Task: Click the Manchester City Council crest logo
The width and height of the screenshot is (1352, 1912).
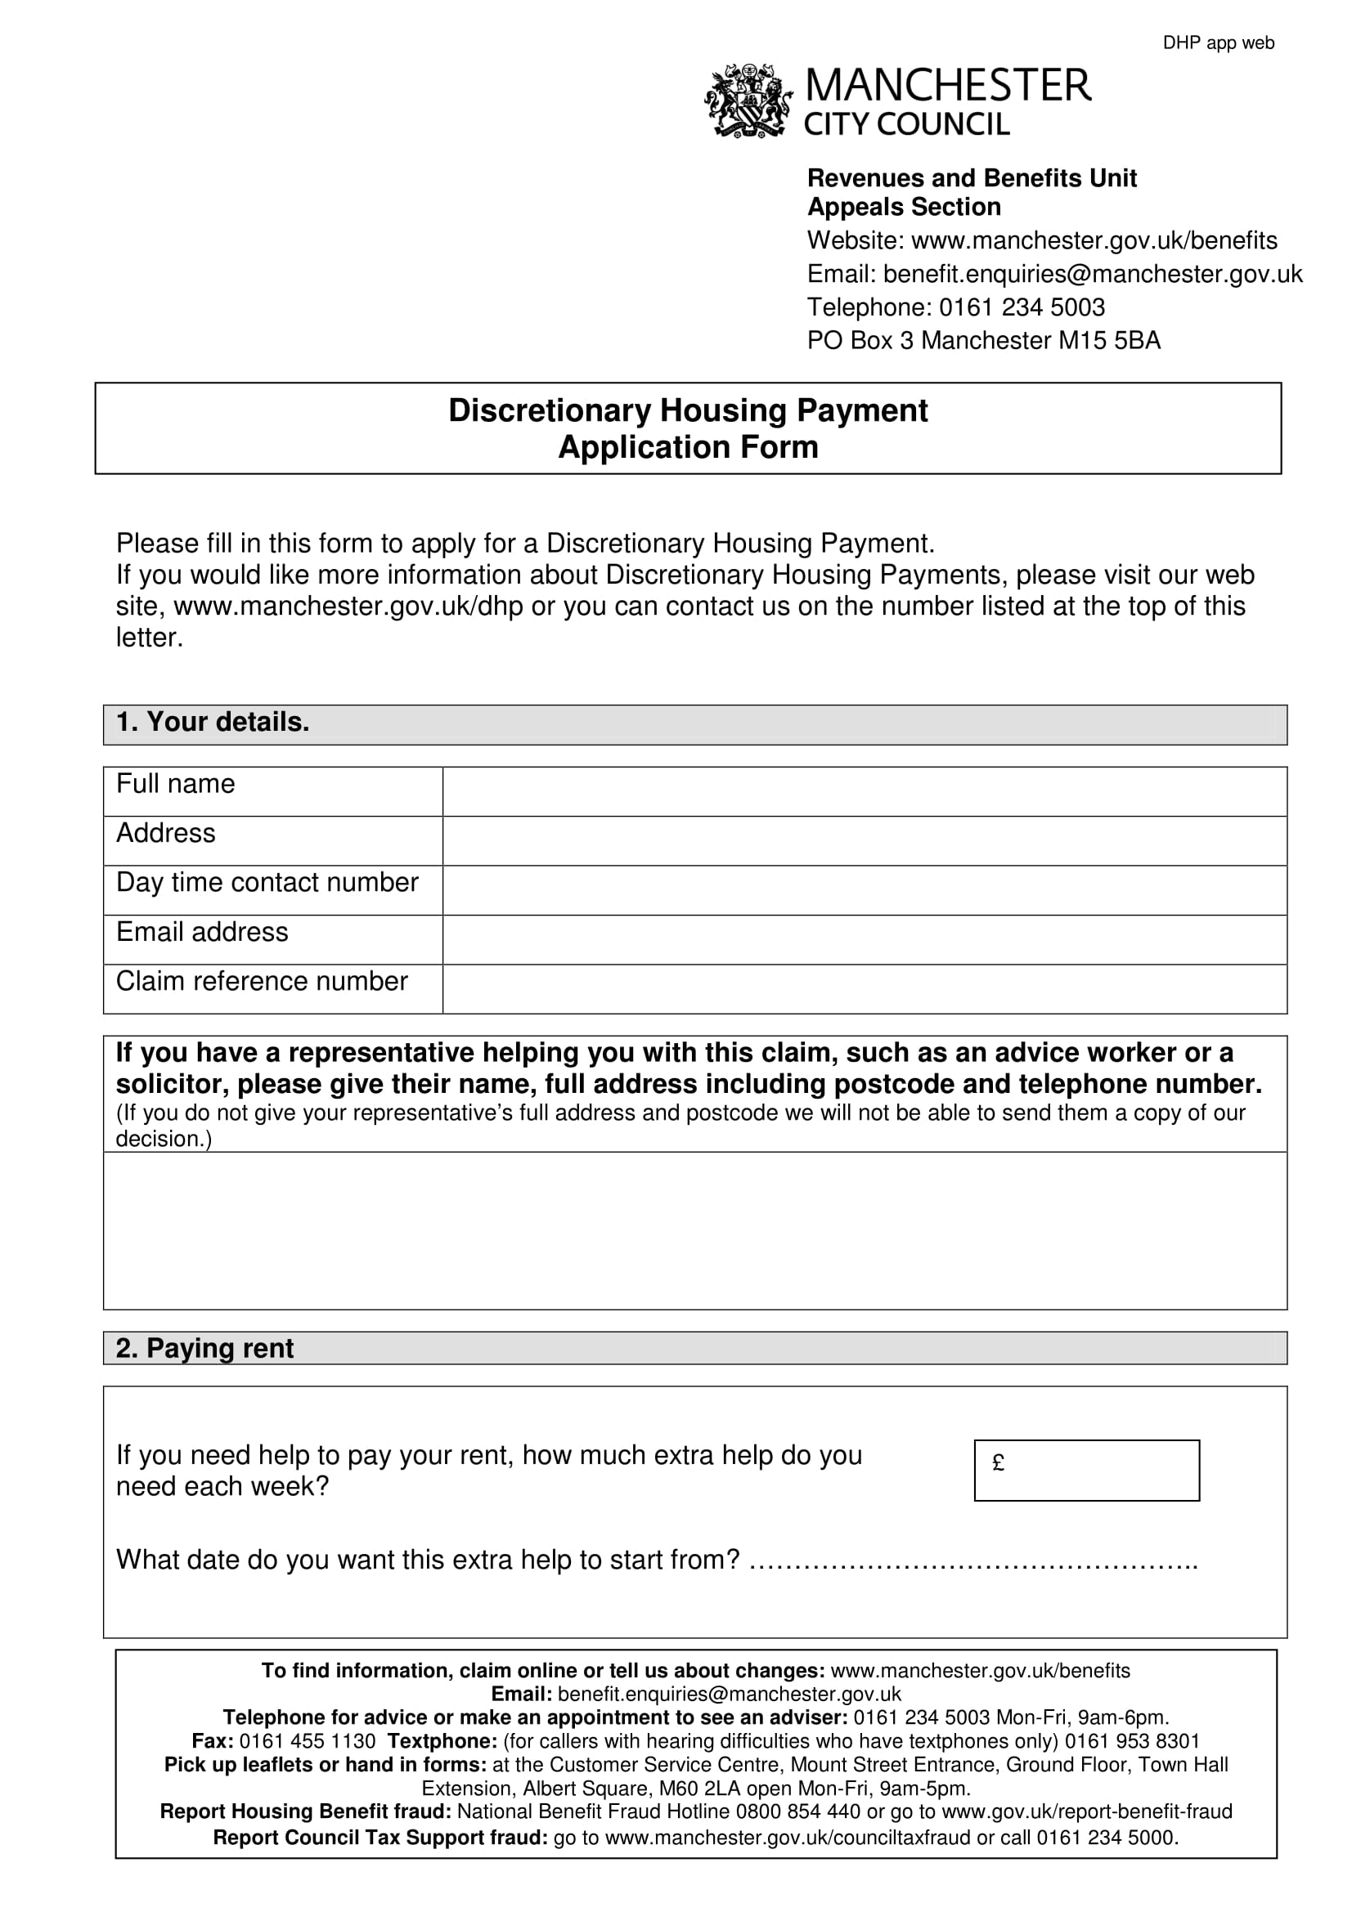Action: coord(748,101)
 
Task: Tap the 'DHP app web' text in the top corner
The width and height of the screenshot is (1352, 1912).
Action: coord(1218,43)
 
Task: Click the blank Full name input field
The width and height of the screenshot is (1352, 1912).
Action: coord(864,791)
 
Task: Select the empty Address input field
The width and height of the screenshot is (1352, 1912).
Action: coord(864,840)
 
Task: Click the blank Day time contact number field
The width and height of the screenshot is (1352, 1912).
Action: coord(864,889)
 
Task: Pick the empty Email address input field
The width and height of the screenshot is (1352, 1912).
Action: coord(864,939)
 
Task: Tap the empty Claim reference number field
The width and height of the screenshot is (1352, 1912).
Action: coord(864,988)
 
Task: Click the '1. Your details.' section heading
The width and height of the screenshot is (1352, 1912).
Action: coord(213,722)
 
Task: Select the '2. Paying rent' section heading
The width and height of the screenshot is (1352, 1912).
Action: coord(205,1348)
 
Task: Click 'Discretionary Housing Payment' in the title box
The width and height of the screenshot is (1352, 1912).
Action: coord(687,410)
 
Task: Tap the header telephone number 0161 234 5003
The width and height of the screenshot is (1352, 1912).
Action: coord(1022,307)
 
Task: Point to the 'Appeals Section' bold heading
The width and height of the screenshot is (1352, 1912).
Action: coord(904,207)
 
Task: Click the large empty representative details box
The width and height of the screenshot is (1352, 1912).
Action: coord(694,1230)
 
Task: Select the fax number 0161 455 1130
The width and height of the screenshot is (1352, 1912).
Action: coord(308,1741)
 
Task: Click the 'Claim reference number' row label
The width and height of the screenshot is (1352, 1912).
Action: coord(262,981)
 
